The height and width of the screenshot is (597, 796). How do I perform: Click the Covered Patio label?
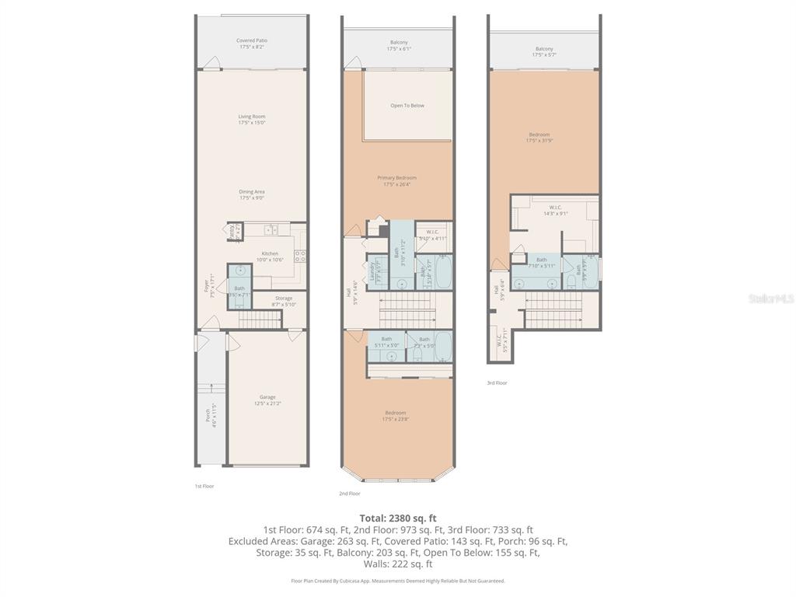click(251, 44)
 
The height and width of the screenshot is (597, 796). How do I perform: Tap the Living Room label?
click(251, 120)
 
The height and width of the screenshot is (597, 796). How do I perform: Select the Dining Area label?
click(251, 194)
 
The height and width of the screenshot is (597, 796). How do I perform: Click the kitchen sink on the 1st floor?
click(271, 229)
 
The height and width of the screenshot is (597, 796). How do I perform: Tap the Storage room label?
click(284, 301)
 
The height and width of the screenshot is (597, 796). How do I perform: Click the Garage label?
click(267, 400)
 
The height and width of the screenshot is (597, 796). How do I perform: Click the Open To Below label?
click(407, 106)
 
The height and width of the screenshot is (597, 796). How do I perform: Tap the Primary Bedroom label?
click(397, 181)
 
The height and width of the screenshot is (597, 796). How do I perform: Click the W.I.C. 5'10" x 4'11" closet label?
click(433, 234)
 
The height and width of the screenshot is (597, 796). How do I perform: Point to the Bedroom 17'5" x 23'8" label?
click(395, 416)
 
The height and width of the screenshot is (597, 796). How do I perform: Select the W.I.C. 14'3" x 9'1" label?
click(555, 210)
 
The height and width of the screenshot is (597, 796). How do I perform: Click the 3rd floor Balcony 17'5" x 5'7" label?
click(544, 51)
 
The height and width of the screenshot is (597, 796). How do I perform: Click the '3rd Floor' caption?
click(497, 382)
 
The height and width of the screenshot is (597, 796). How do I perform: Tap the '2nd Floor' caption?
click(350, 494)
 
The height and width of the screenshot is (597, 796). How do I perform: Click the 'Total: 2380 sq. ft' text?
click(397, 518)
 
